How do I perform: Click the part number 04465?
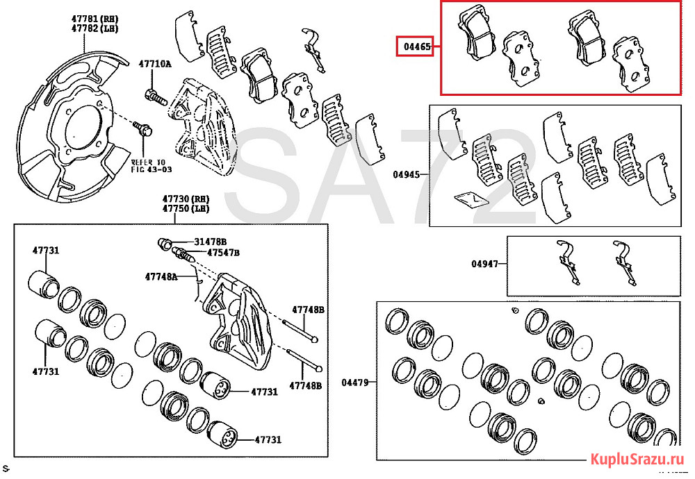(x=416, y=47)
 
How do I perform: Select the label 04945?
(x=406, y=174)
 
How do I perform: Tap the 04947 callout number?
(x=484, y=264)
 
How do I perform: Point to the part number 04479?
(x=355, y=382)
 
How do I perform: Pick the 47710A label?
(x=154, y=64)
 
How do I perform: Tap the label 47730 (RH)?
(x=186, y=199)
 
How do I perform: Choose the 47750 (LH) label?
(x=186, y=208)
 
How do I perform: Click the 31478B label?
(x=211, y=241)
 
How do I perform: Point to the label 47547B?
(x=222, y=252)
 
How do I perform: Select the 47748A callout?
(x=161, y=276)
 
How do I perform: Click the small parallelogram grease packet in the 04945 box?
(x=470, y=199)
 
